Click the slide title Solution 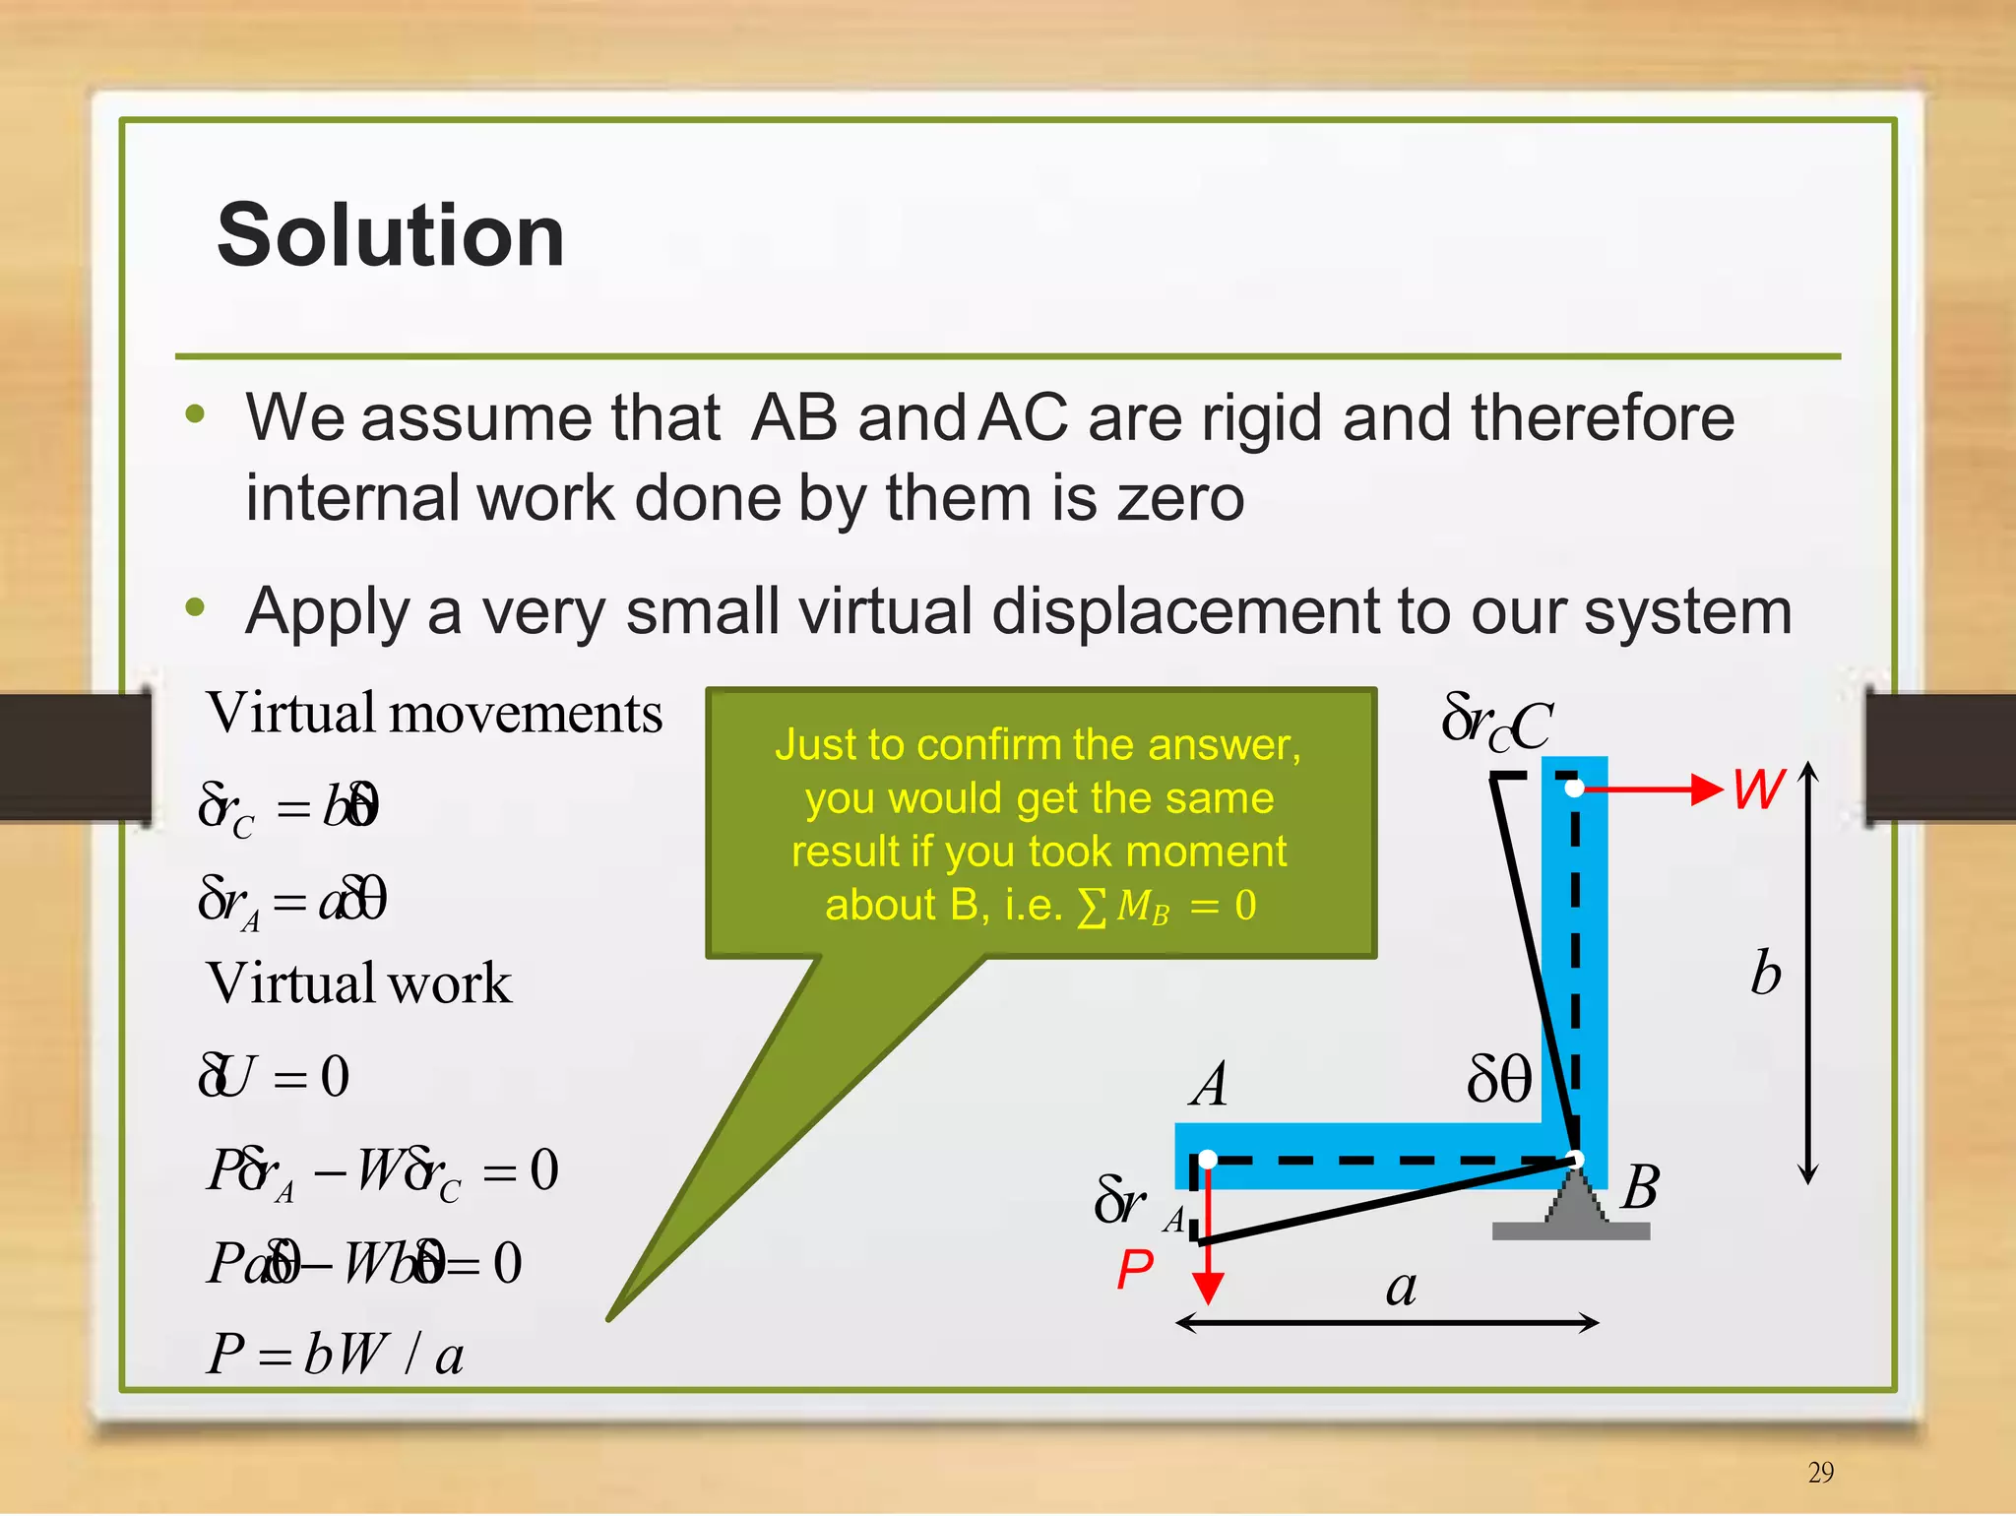click(391, 236)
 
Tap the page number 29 click(1820, 1472)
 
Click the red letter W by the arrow click(1759, 789)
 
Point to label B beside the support click(1640, 1187)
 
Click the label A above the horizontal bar click(1210, 1085)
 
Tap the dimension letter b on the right click(1766, 974)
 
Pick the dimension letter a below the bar click(1401, 1288)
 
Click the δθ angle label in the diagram click(1498, 1079)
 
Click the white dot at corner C click(1574, 788)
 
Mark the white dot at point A click(1208, 1160)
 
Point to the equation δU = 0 click(274, 1075)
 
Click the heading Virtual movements click(434, 713)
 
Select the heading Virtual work click(359, 982)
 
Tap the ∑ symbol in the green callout click(1091, 907)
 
